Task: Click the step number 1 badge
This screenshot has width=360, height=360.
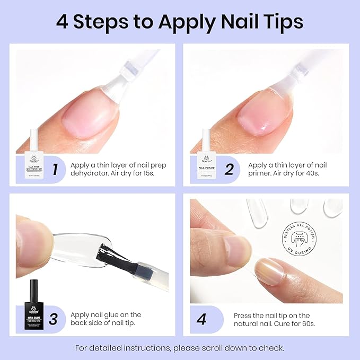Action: pyautogui.click(x=54, y=170)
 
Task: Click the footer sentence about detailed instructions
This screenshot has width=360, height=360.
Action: pyautogui.click(x=180, y=348)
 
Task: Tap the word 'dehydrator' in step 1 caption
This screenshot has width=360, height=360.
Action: pyautogui.click(x=89, y=173)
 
